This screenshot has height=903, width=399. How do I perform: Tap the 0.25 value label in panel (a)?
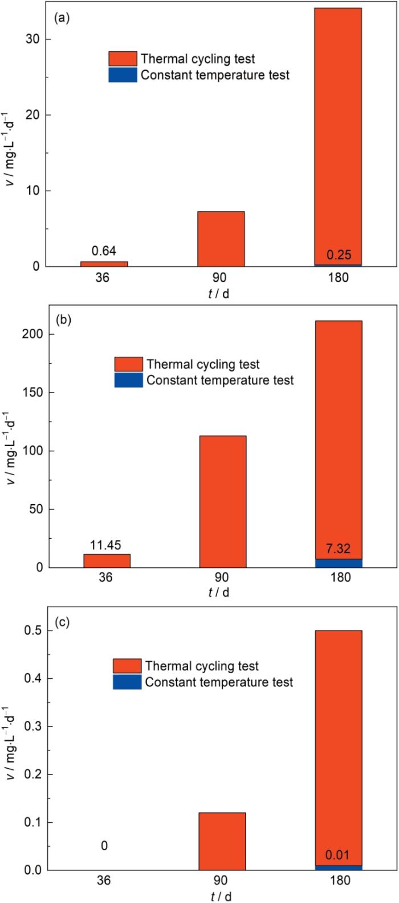pos(337,256)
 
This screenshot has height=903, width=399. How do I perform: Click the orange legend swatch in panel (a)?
pos(123,58)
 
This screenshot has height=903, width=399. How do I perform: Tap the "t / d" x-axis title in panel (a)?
pos(221,293)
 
